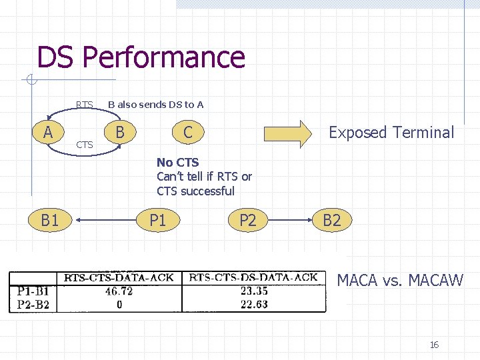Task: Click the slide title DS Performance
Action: click(141, 57)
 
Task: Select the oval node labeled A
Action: click(48, 132)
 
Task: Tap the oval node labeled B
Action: click(120, 131)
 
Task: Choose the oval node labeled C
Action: click(187, 132)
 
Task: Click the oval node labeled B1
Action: click(50, 220)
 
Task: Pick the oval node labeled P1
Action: click(158, 220)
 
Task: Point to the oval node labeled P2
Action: click(247, 220)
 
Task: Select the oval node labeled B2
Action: click(331, 220)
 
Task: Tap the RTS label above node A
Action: click(85, 105)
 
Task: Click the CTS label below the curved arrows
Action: click(85, 144)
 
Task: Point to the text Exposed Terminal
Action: click(391, 133)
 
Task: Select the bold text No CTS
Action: click(177, 162)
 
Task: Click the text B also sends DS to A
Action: click(156, 105)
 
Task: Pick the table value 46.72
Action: click(119, 291)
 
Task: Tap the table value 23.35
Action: click(254, 291)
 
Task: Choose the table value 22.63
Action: click(254, 305)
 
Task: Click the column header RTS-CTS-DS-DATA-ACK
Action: click(253, 278)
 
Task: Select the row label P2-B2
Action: click(33, 305)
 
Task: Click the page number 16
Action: click(434, 345)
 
